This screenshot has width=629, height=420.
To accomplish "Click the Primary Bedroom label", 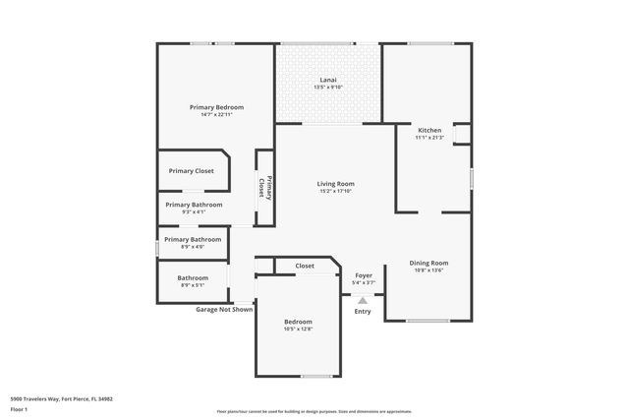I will coord(216,107).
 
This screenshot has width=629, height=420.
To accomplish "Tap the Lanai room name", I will coord(328,79).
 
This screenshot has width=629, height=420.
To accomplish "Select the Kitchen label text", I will coord(429,130).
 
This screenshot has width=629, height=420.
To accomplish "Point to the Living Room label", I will coord(335,184).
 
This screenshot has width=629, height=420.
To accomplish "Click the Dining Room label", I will coord(429,263).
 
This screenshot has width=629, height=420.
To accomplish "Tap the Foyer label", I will coord(363,275).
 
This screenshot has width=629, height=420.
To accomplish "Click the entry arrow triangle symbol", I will coord(363,300).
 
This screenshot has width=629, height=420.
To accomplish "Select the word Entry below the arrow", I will coord(363,312).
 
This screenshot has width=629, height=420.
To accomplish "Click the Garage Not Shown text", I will coord(224,309).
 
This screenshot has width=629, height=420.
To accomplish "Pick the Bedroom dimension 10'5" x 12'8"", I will coord(298,330).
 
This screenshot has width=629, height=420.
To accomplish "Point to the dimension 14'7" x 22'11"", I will coord(216,115).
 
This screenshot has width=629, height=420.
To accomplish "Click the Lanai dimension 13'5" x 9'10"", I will coord(328,87).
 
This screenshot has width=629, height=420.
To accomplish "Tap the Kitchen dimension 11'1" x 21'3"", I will coord(429,138).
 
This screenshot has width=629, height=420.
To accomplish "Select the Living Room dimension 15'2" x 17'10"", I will coord(335,192).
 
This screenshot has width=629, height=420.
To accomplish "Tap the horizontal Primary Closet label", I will coord(191,171).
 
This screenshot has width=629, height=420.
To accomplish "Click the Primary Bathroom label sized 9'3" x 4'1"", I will coord(194,205).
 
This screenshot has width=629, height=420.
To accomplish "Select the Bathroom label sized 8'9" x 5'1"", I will coord(193,277).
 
